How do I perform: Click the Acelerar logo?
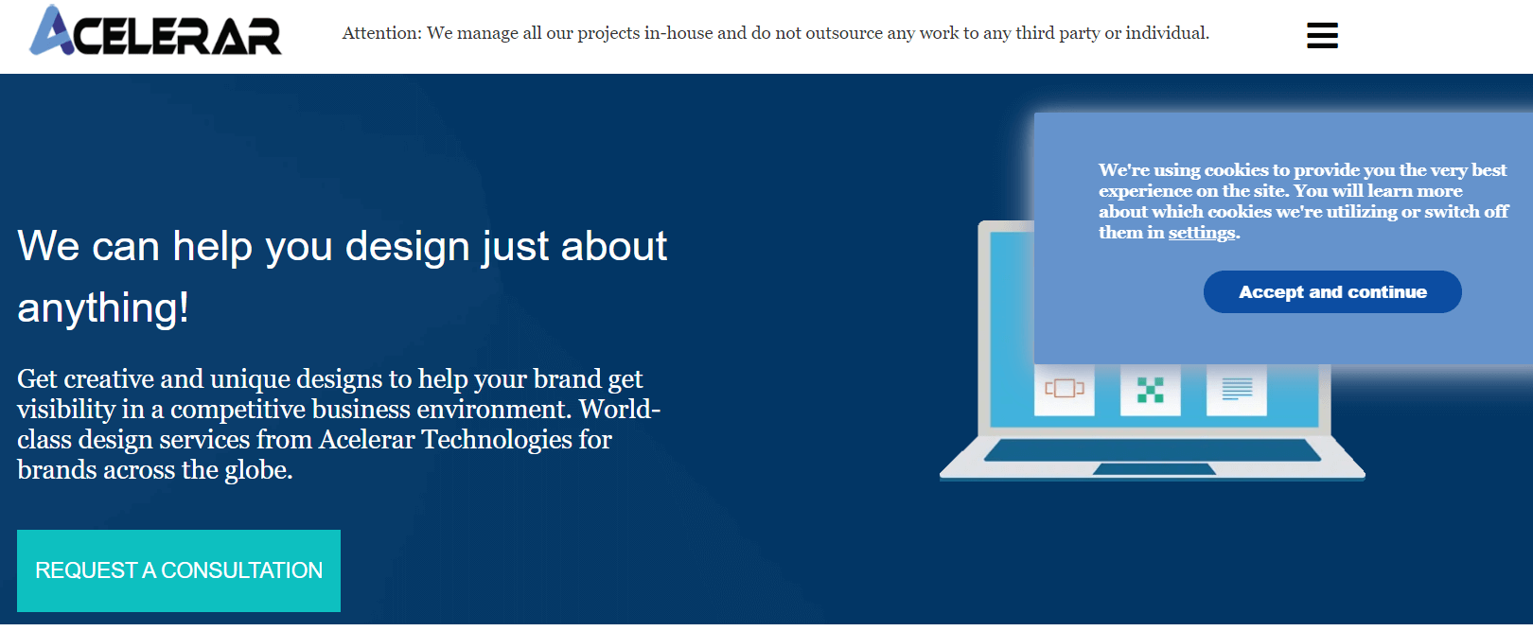coord(155,30)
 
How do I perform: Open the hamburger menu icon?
coord(1322,36)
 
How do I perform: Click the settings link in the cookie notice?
coord(1201,233)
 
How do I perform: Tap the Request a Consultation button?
coord(179,570)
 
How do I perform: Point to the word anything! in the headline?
coord(102,308)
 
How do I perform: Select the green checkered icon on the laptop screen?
coord(1150,390)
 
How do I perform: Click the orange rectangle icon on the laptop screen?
coord(1065,389)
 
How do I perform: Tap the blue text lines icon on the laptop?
coord(1237,389)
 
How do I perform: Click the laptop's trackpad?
coord(1154,469)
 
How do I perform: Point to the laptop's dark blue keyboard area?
coord(1153,450)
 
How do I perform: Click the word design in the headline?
coord(407,246)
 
